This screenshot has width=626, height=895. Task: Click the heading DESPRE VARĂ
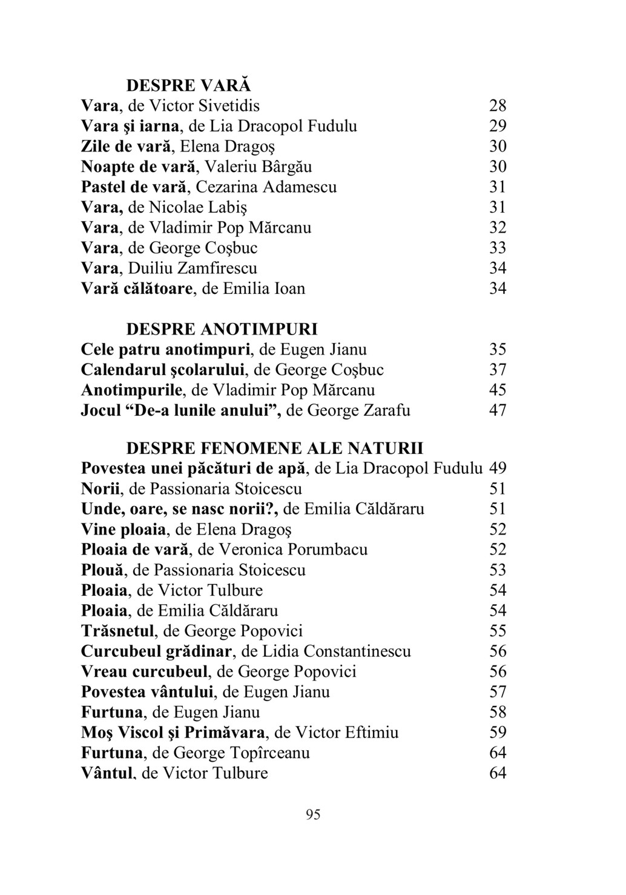click(x=188, y=85)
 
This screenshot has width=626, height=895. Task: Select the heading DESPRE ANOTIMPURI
click(x=222, y=330)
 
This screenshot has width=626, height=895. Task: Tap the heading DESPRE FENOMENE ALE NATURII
click(x=275, y=448)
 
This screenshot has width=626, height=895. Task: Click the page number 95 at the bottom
click(x=313, y=814)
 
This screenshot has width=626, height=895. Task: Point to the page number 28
click(x=498, y=106)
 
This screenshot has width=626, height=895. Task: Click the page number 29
click(x=498, y=126)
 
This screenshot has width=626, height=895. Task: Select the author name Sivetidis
click(x=229, y=106)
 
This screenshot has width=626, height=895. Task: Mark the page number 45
click(x=498, y=390)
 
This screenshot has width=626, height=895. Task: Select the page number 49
click(x=498, y=468)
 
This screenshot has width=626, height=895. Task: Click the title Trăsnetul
click(x=119, y=631)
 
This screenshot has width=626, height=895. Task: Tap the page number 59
click(x=498, y=733)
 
